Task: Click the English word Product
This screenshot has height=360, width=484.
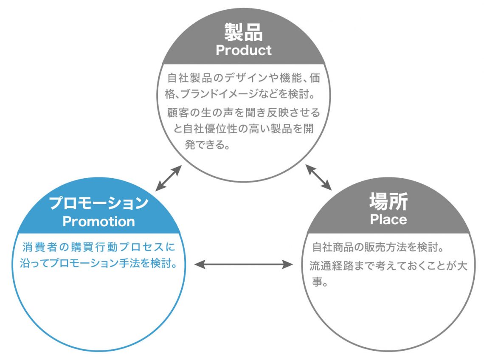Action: click(x=243, y=50)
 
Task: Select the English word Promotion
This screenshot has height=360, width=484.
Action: click(x=98, y=221)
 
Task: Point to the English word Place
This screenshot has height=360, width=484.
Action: click(x=388, y=219)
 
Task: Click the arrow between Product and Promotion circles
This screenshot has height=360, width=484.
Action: click(x=168, y=178)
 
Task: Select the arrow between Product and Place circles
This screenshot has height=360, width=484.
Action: click(x=319, y=178)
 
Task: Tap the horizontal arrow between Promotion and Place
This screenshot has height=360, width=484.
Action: click(x=244, y=264)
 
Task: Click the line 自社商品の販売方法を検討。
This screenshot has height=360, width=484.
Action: click(x=372, y=247)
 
